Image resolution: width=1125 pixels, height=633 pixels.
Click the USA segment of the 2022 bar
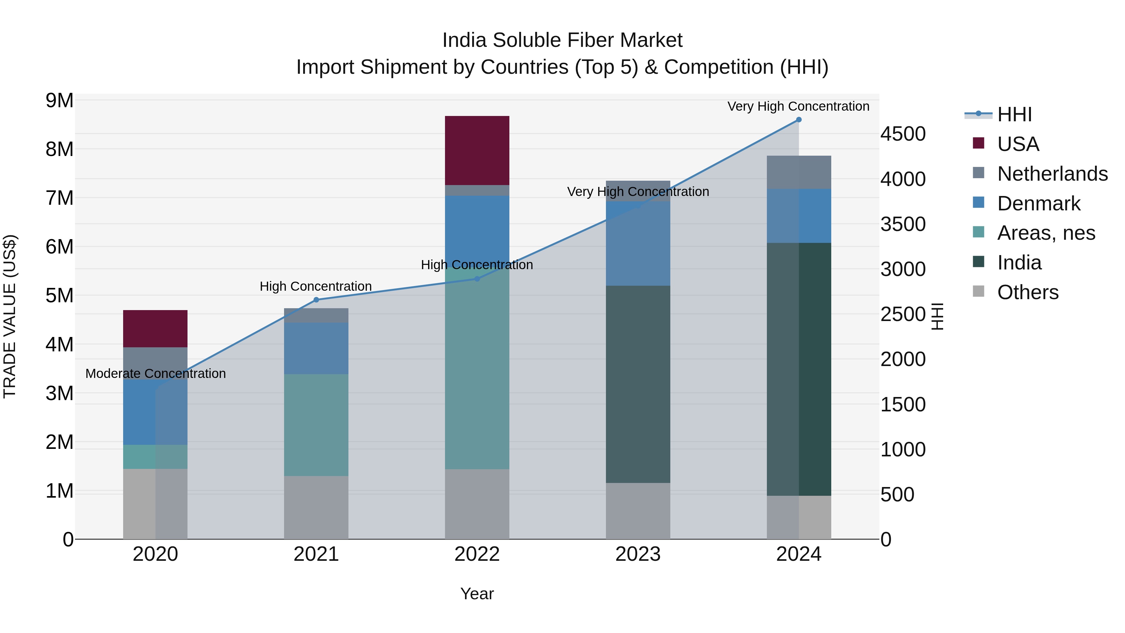477,150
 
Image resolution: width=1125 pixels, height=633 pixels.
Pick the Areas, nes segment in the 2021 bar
316,425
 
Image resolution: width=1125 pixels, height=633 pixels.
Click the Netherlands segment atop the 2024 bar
799,172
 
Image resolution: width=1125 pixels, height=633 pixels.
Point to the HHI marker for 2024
799,120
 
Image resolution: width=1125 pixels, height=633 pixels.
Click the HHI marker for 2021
316,300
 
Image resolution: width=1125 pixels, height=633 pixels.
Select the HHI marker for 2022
477,279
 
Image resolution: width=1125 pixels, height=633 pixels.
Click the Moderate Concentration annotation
156,374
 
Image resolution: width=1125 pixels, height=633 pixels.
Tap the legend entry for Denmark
1038,203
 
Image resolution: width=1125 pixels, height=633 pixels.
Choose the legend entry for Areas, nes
1046,233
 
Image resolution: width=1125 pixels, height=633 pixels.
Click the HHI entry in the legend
1014,114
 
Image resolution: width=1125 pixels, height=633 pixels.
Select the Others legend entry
1027,292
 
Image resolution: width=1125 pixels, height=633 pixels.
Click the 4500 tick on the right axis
902,134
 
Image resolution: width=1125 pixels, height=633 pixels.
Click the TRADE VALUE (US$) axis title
10,316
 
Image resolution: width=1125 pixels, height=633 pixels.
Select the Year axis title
477,594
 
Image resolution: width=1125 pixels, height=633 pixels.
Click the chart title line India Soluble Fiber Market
562,40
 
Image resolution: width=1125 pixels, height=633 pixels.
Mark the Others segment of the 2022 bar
477,504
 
